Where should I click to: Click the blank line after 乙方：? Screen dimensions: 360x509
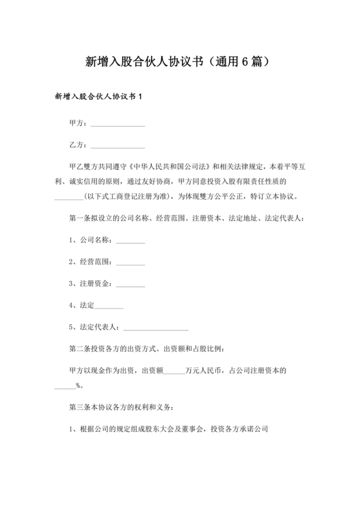(118, 146)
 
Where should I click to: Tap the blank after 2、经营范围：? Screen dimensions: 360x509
(130, 264)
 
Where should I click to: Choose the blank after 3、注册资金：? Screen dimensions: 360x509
(130, 285)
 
